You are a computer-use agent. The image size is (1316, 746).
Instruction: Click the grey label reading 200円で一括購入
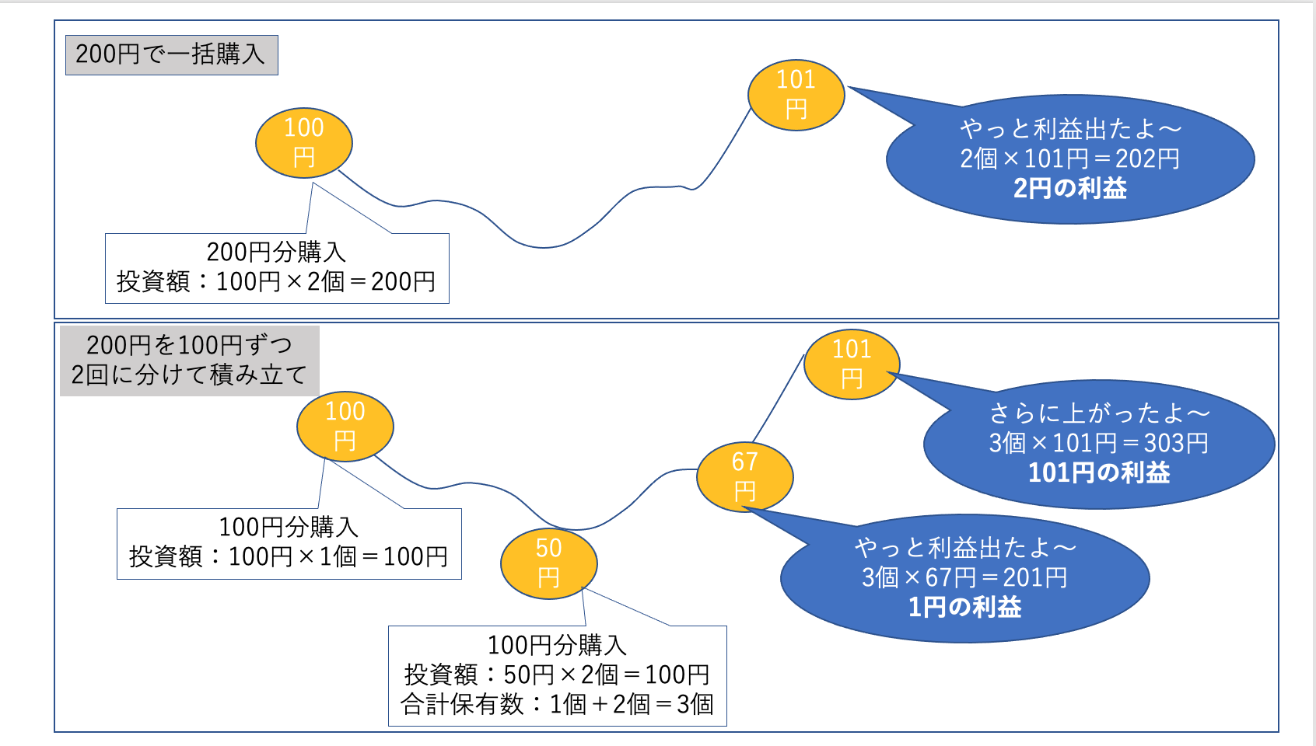[x=171, y=54]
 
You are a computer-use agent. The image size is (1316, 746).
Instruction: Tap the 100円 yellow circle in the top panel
[x=304, y=143]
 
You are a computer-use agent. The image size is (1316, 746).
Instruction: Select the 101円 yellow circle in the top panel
[x=796, y=95]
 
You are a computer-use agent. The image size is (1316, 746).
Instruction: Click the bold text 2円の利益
[x=1069, y=189]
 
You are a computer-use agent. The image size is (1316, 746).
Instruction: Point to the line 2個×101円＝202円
[x=1069, y=159]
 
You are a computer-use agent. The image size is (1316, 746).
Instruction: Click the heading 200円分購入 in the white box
[x=276, y=252]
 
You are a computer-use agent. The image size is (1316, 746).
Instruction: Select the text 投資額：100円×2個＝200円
[x=276, y=281]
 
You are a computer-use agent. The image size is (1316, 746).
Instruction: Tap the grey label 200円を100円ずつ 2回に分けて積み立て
[x=189, y=360]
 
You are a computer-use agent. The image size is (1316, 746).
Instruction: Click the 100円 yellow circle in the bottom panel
[x=345, y=427]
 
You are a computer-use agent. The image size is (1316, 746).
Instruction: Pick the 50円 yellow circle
[x=548, y=563]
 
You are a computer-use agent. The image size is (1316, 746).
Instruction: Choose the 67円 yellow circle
[x=744, y=476]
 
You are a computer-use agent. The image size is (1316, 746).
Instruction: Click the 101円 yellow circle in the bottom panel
[x=852, y=364]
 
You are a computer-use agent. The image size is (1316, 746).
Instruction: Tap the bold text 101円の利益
[x=1098, y=472]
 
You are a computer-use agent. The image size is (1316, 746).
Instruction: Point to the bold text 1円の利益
[x=964, y=607]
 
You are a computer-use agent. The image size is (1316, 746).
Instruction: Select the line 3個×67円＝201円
[x=964, y=577]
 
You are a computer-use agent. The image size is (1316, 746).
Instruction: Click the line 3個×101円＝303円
[x=1098, y=443]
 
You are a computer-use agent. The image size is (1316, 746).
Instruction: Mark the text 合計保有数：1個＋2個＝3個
[x=557, y=704]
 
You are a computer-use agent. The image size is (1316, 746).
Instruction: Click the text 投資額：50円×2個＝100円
[x=557, y=675]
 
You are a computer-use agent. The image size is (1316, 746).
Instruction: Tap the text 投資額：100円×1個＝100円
[x=289, y=556]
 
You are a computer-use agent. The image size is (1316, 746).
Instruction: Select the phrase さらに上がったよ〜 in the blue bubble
[x=1098, y=413]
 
